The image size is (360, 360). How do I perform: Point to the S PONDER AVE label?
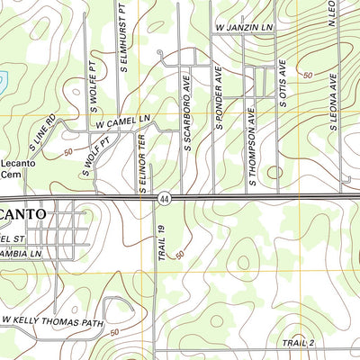click(219, 102)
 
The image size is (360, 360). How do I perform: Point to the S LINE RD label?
click(41, 132)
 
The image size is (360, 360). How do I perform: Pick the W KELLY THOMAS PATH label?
click(52, 320)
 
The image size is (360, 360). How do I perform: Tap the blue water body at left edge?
click(3, 81)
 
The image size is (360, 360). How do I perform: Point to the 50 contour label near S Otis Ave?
click(308, 75)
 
